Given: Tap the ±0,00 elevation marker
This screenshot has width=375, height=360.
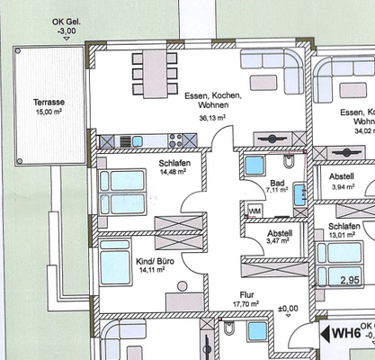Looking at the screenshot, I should coord(288,309).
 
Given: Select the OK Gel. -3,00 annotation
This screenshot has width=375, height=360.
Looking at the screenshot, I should coord(65,26).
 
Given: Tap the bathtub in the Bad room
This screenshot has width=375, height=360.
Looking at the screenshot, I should coord(254,166).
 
